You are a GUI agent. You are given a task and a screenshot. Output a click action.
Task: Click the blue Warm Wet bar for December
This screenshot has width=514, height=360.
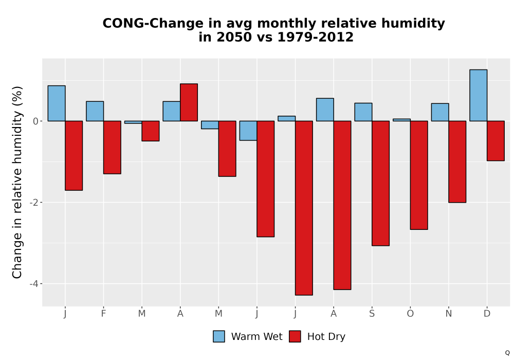pos(478,96)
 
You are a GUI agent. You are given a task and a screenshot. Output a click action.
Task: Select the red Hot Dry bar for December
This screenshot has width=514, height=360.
pos(495,140)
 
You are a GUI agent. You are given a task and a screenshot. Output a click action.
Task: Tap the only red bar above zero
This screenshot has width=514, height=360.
pos(189,102)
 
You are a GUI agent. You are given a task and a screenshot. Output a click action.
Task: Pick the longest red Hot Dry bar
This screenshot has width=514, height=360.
pos(304,208)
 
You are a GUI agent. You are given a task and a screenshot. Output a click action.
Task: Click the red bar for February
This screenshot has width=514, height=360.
pos(112,147)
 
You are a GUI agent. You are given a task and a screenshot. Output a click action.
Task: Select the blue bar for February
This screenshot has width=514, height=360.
pos(95,111)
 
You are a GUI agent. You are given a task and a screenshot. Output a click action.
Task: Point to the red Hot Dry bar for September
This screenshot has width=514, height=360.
pos(380,183)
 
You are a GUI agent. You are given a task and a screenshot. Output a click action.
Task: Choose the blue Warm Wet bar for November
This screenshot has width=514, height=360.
pos(440,112)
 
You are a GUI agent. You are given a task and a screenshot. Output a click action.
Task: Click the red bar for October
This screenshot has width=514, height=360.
pos(419,175)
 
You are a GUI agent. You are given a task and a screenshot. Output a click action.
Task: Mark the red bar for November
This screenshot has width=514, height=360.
pos(457,161)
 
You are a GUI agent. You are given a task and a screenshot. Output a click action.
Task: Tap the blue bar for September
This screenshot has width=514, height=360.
pos(363,112)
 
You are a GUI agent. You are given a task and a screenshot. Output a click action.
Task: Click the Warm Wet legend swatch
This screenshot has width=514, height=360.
pos(218,336)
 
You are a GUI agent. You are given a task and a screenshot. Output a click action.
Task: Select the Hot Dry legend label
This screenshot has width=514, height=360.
pos(326,337)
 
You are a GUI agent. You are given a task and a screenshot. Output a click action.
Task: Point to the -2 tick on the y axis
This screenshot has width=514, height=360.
pos(34,203)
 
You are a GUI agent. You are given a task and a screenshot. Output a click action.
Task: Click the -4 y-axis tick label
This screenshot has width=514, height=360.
pos(34,283)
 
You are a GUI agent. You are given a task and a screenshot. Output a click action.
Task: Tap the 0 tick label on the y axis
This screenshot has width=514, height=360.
pos(36,121)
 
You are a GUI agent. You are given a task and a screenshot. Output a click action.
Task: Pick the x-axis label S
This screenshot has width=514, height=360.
pos(372,314)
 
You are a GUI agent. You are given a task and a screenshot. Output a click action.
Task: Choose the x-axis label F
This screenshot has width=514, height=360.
pos(103,314)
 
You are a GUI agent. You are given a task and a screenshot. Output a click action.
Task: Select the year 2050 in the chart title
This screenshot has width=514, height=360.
pos(233,37)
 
